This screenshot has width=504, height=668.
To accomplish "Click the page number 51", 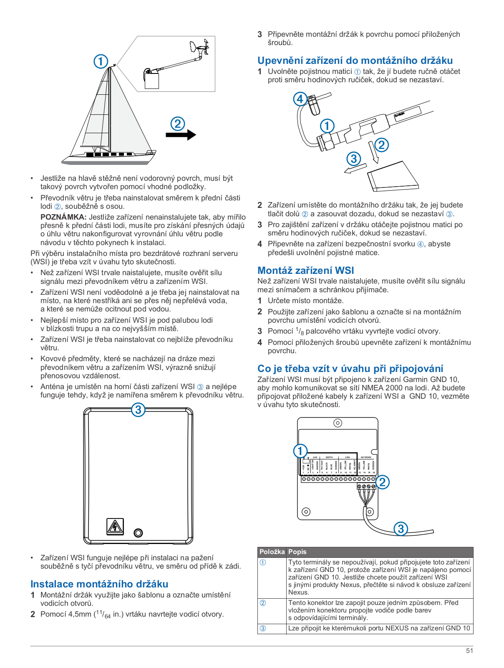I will tap(469, 650).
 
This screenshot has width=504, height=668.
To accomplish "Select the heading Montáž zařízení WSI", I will tap(305, 270).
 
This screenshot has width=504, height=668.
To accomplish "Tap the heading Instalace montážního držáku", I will tap(99, 584).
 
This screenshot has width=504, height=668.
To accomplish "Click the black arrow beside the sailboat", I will tap(181, 134).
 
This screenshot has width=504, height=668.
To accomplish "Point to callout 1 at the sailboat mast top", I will tap(101, 61).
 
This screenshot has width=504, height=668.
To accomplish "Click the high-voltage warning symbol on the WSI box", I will tap(115, 526).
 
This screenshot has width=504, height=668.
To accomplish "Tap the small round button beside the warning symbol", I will tap(138, 533).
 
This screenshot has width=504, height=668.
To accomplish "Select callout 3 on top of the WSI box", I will tap(138, 410).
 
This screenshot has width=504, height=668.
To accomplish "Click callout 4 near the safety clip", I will tap(300, 99).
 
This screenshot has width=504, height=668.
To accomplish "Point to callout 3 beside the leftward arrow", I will tap(354, 159).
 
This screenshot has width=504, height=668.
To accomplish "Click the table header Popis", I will tap(297, 552).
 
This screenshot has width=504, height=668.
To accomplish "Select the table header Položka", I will tap(272, 552).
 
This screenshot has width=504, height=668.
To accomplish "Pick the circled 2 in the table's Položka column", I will tap(263, 603).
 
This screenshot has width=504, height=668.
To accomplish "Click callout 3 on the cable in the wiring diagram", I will tap(401, 529).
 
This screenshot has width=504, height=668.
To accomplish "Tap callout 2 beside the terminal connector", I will tap(382, 482).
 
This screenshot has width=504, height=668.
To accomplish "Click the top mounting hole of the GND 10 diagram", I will tap(338, 423).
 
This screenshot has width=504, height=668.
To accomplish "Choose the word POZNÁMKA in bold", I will tap(63, 217).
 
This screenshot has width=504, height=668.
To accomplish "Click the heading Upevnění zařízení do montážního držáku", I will tap(355, 61).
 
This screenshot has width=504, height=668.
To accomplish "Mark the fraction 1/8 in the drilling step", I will tap(300, 331).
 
